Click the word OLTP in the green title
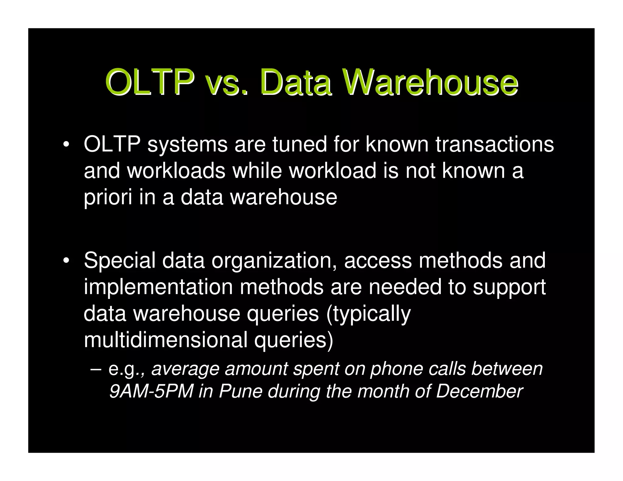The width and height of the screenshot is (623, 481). [150, 82]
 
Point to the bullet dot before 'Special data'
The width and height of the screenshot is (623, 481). [65, 261]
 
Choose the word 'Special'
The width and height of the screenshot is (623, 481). [119, 261]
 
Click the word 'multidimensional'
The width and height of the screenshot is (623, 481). [165, 340]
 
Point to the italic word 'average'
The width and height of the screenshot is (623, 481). [185, 369]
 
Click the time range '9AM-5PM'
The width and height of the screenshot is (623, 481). [151, 391]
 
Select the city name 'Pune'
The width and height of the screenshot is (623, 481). [240, 391]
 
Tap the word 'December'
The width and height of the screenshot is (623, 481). [479, 391]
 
